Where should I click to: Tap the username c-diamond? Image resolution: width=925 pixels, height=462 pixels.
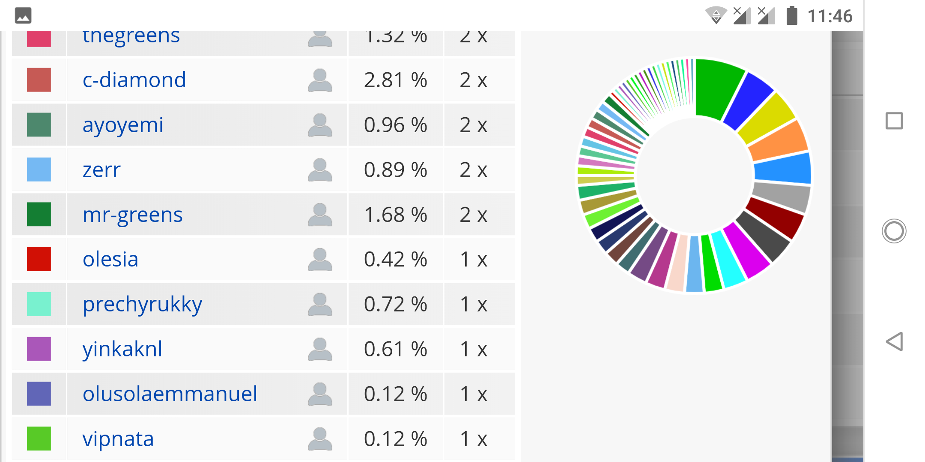(x=134, y=80)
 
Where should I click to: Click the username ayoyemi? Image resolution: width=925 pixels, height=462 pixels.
(x=123, y=125)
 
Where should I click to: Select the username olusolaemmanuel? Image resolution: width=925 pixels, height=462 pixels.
(x=170, y=394)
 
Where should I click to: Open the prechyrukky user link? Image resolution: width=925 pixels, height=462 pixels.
(x=142, y=304)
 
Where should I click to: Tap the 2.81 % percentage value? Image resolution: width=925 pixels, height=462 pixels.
(x=395, y=80)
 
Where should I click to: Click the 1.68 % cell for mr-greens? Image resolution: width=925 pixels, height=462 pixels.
(x=395, y=215)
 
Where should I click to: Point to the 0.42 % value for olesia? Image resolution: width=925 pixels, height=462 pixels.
(x=395, y=259)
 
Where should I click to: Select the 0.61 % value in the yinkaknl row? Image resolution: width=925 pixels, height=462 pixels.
(x=395, y=349)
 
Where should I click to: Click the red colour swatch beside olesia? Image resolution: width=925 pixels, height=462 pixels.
(x=39, y=259)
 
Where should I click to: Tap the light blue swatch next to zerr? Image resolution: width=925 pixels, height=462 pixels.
(x=39, y=170)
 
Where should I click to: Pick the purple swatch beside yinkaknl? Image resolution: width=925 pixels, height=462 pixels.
(x=39, y=349)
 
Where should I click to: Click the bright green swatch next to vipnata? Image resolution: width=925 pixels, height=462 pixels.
(x=39, y=438)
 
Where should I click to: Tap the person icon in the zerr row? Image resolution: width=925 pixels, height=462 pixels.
(x=320, y=170)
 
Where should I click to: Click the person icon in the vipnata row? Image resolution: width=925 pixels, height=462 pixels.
(x=320, y=438)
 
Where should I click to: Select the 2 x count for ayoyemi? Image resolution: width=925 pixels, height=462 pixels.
(x=474, y=125)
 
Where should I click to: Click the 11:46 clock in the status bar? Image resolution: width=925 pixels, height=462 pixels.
(x=830, y=16)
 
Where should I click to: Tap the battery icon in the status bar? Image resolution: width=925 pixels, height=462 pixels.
(x=792, y=16)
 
